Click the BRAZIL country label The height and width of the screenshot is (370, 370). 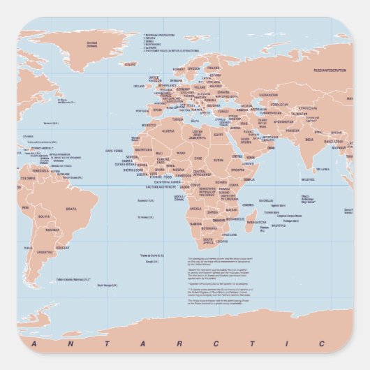coord(72,208)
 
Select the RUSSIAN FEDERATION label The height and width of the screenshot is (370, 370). coord(330,71)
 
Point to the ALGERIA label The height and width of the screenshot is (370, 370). coord(169,131)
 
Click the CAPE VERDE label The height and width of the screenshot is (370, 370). coord(114,151)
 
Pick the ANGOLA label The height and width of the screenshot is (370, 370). coord(196,208)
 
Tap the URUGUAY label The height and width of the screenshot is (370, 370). coord(63,247)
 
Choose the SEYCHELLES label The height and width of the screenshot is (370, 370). coord(266,200)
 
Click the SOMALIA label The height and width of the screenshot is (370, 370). coord(249,179)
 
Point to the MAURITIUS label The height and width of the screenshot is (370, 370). coord(279,225)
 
